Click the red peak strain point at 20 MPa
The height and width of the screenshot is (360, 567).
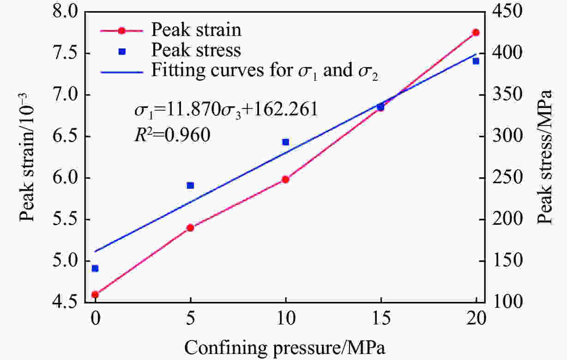(476, 32)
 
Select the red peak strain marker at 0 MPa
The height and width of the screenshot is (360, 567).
(95, 294)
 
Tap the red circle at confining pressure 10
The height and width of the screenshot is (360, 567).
(285, 179)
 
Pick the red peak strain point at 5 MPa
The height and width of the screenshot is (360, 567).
(190, 228)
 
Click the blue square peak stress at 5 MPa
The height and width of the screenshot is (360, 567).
(190, 186)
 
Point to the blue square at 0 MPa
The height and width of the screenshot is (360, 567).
(95, 269)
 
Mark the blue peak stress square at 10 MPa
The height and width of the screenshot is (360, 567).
(285, 142)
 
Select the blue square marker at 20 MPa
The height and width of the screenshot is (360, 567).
(476, 61)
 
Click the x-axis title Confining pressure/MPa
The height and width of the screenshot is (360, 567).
(285, 346)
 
